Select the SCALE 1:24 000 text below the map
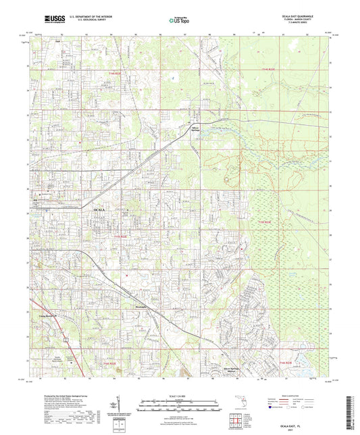(180, 395)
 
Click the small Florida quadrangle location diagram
(235, 404)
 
